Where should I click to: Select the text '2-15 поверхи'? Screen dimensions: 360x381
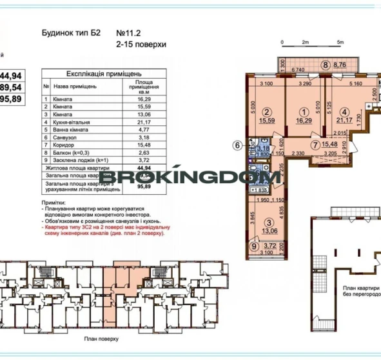141,45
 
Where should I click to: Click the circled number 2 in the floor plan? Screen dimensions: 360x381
265,110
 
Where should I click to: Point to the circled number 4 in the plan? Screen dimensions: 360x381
345,110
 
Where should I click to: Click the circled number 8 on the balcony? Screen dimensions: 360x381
327,65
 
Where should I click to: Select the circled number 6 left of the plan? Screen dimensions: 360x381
237,145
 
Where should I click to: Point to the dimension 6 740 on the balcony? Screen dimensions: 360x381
298,69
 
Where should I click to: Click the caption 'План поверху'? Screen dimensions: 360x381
98,337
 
